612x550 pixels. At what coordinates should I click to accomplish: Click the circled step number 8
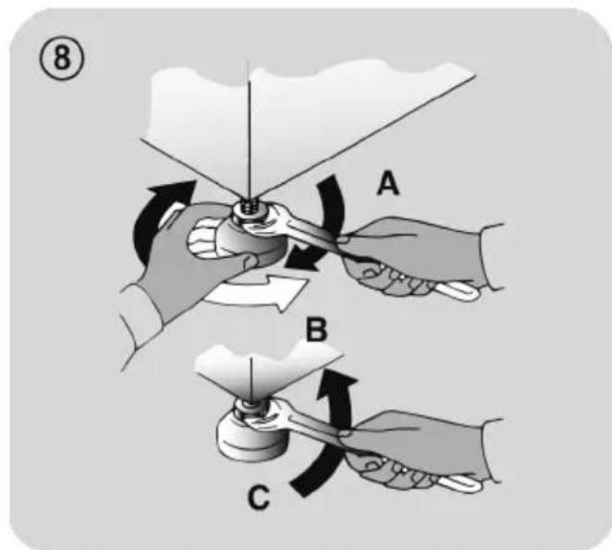tap(61, 59)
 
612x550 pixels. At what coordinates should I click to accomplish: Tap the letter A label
tap(388, 184)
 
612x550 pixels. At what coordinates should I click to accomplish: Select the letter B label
tap(316, 330)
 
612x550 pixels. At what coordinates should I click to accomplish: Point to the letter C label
tap(258, 497)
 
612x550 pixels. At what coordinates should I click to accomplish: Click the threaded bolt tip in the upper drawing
tap(248, 206)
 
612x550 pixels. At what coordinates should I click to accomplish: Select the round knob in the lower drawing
tap(251, 437)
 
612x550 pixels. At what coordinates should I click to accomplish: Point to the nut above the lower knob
tap(249, 409)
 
